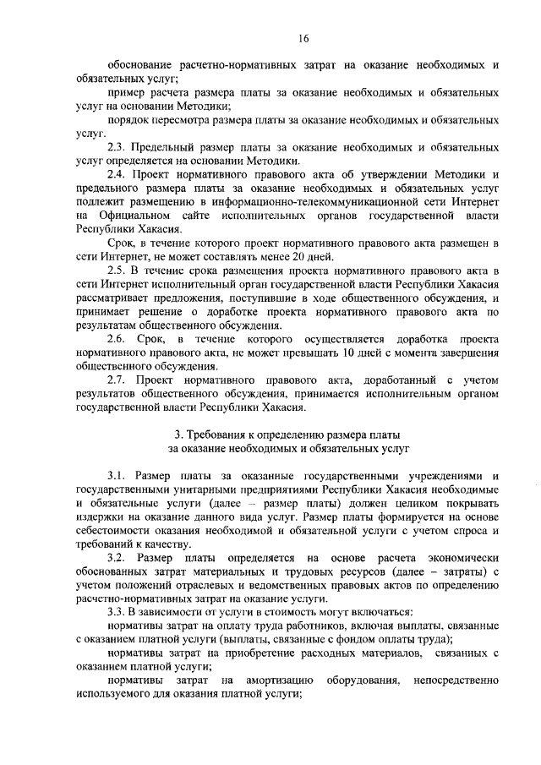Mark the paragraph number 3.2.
tap(117, 558)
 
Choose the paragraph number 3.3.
tap(117, 612)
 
